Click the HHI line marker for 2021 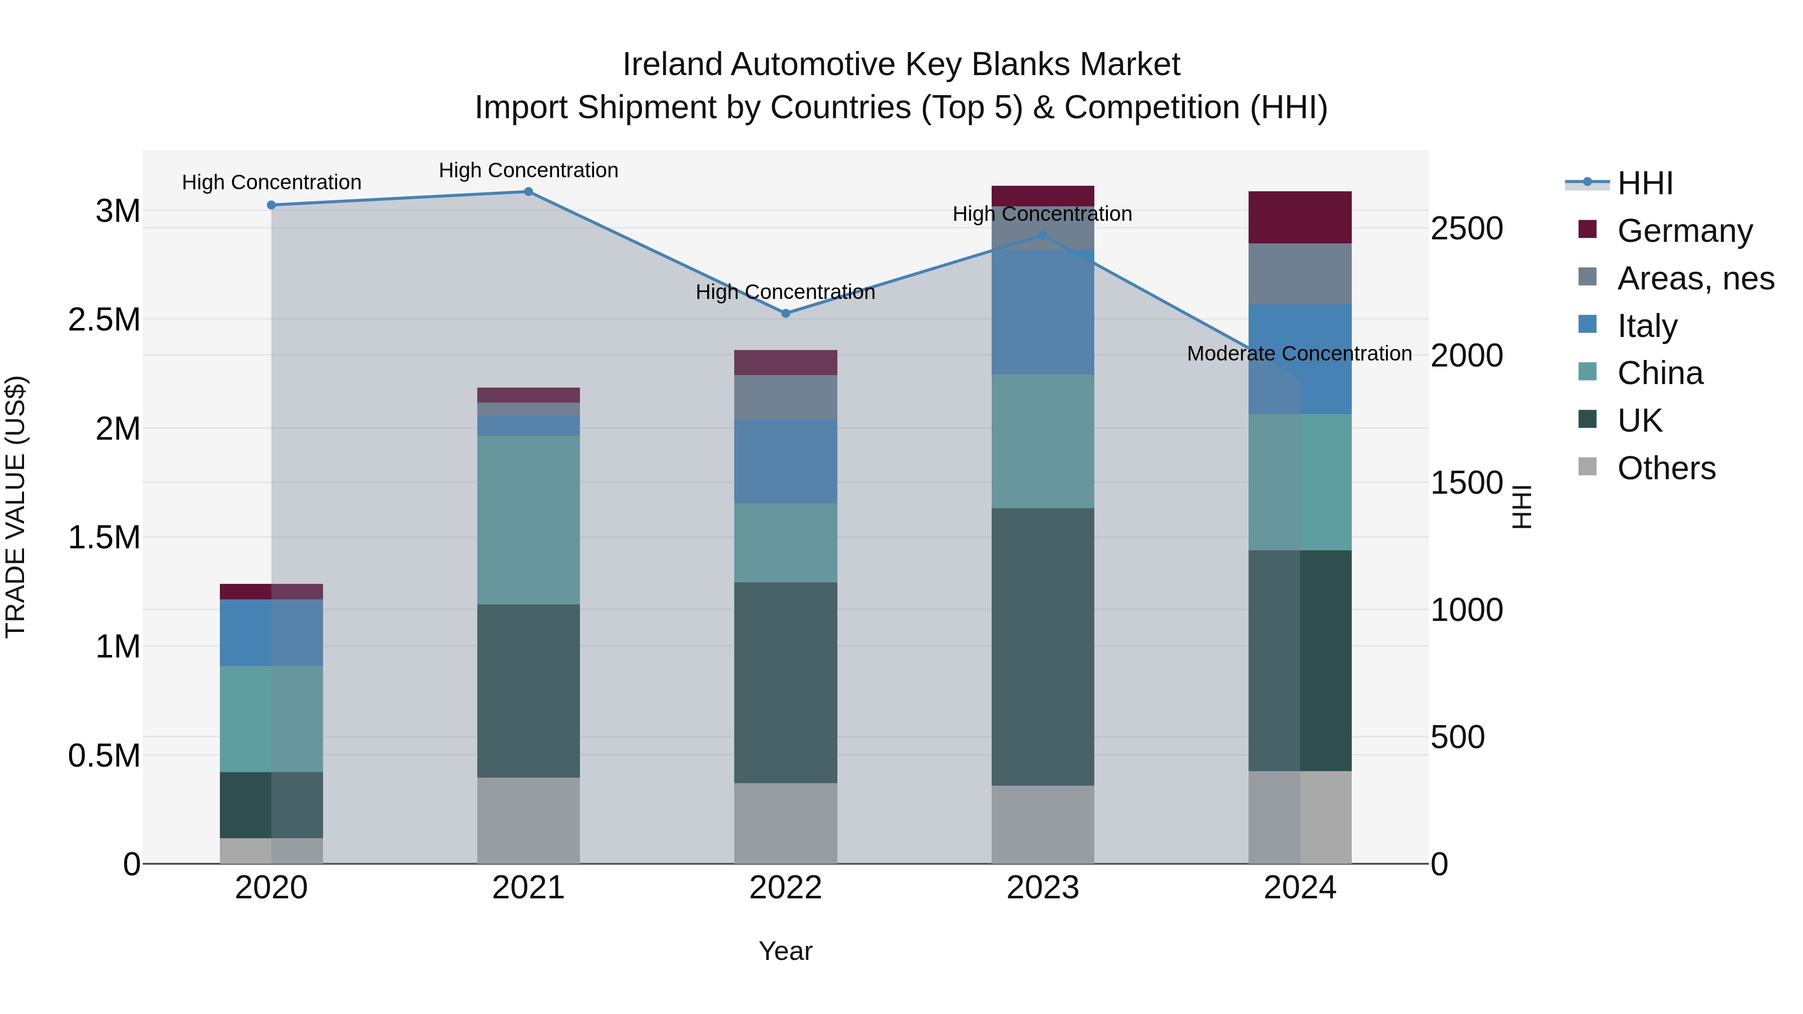(528, 192)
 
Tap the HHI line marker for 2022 (785, 313)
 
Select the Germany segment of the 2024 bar (1300, 218)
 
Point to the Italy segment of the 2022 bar (785, 461)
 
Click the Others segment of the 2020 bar (271, 850)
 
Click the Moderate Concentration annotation (1299, 354)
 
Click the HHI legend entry (1645, 183)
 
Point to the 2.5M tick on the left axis (104, 320)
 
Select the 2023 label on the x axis (1042, 888)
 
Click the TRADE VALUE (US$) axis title (16, 507)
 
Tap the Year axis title (785, 951)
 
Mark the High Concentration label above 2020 (271, 183)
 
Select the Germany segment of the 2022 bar (785, 363)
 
